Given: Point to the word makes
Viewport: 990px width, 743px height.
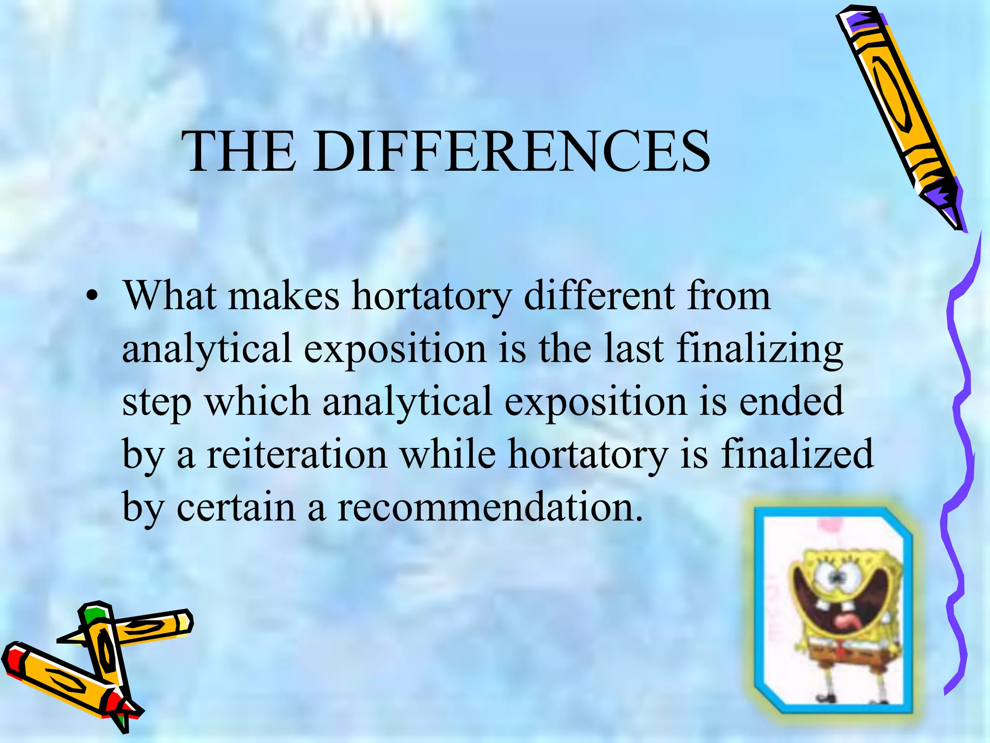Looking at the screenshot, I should (x=284, y=296).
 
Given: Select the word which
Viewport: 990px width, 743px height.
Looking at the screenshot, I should (x=257, y=401).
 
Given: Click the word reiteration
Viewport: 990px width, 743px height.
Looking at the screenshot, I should (x=297, y=455).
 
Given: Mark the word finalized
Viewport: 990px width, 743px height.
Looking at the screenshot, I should (x=797, y=455).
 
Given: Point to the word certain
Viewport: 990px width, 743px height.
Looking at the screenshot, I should (x=236, y=507).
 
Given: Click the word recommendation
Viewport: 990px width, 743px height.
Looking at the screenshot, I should (x=489, y=507).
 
